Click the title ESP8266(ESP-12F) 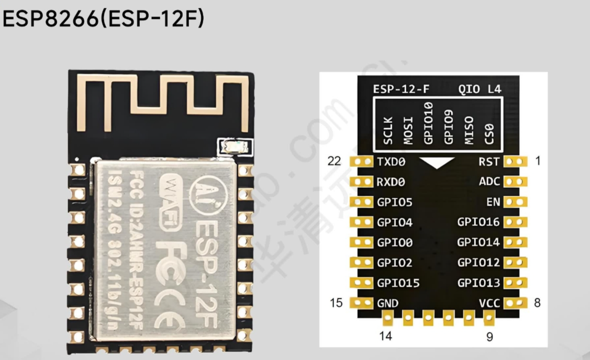point(104,20)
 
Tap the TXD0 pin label point(391,162)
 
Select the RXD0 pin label point(391,182)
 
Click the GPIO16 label point(478,222)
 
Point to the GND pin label point(387,303)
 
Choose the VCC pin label point(489,303)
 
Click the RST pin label point(489,162)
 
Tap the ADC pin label point(489,182)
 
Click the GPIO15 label point(398,283)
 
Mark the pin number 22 point(334,161)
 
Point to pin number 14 point(385,336)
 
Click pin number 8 point(538,302)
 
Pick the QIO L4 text point(480,89)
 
